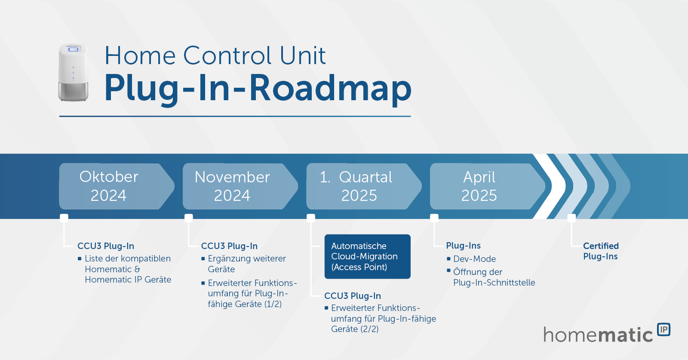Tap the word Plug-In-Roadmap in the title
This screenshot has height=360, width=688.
pyautogui.click(x=258, y=88)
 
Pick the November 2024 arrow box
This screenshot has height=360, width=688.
pyautogui.click(x=236, y=186)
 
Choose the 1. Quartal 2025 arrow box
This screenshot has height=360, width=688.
pyautogui.click(x=359, y=186)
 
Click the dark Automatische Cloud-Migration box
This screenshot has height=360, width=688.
pyautogui.click(x=367, y=256)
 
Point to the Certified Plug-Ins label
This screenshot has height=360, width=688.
pyautogui.click(x=601, y=251)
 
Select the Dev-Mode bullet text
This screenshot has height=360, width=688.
pyautogui.click(x=474, y=259)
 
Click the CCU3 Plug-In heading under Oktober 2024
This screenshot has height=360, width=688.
pyautogui.click(x=106, y=246)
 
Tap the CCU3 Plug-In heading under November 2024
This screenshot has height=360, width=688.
pyautogui.click(x=229, y=246)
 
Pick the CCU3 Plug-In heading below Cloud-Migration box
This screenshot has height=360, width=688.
pyautogui.click(x=353, y=296)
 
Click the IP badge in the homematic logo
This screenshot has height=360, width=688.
pyautogui.click(x=664, y=329)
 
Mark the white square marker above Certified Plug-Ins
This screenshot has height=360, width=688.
pyautogui.click(x=571, y=218)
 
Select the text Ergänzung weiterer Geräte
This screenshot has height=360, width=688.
pyautogui.click(x=246, y=264)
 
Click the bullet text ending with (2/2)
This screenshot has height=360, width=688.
pyautogui.click(x=383, y=319)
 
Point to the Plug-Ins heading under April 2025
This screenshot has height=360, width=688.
pyautogui.click(x=463, y=246)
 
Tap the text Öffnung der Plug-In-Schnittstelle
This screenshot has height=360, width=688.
pyautogui.click(x=494, y=277)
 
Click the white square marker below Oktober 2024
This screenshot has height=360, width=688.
pyautogui.click(x=64, y=218)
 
